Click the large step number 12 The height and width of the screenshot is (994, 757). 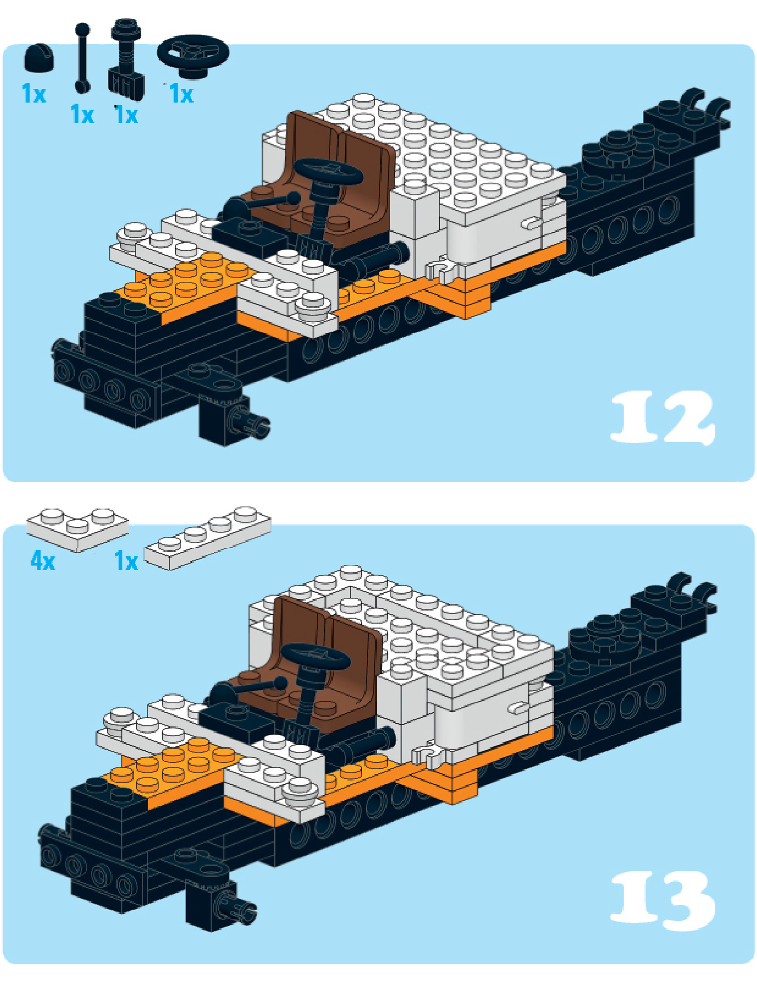point(663,417)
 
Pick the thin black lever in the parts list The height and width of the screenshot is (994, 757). point(82,58)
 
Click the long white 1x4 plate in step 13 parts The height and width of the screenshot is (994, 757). point(207,538)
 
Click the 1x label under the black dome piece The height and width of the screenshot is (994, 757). point(34,94)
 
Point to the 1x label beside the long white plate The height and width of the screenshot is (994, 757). point(126,561)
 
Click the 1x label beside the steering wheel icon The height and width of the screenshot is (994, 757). point(182,94)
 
